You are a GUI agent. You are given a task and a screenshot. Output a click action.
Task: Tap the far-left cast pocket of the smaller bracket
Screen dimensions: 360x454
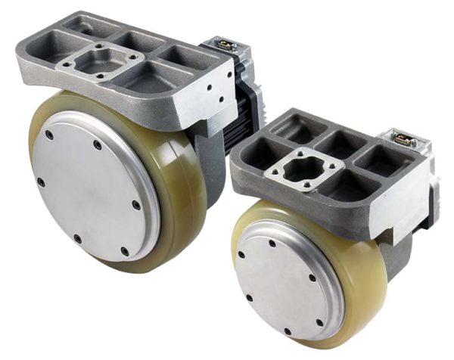(261, 140)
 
